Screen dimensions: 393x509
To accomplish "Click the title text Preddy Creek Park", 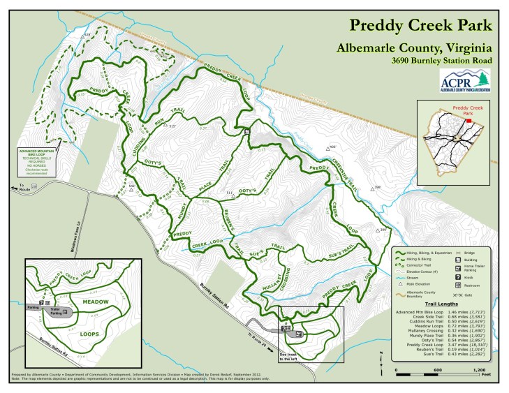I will tap(421, 26).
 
